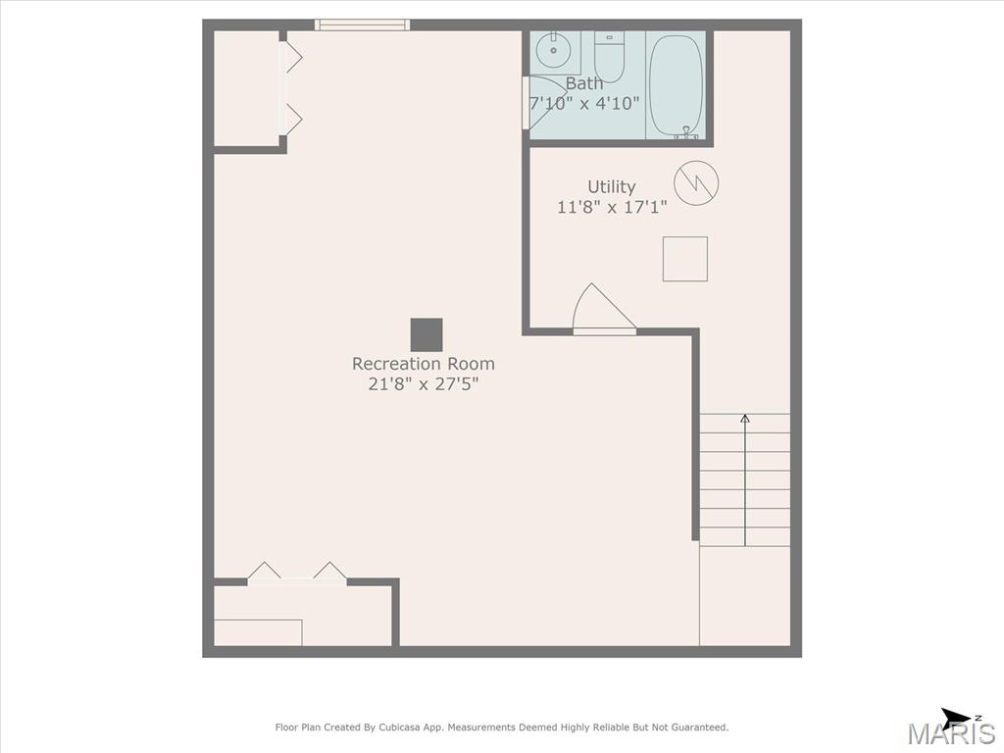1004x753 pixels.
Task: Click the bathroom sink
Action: click(x=552, y=52)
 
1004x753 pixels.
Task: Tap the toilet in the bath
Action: click(x=608, y=57)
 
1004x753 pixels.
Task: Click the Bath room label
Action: click(x=584, y=83)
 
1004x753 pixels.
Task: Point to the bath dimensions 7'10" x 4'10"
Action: click(x=584, y=103)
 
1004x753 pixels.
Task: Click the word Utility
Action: click(x=612, y=186)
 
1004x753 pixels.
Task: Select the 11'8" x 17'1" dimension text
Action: click(x=612, y=207)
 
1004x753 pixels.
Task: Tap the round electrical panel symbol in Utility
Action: click(x=696, y=182)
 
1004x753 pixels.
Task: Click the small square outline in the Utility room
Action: click(x=685, y=259)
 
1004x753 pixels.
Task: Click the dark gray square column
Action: click(x=427, y=335)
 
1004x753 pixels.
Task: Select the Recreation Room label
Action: click(x=424, y=364)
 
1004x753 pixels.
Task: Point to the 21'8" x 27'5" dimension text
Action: click(x=424, y=384)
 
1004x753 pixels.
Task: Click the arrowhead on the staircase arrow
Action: click(x=745, y=419)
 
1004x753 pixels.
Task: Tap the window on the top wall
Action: click(x=362, y=25)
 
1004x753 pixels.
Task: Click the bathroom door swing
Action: click(x=541, y=102)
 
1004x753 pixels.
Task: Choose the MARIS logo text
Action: click(x=951, y=733)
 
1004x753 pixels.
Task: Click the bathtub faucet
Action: click(x=685, y=133)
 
